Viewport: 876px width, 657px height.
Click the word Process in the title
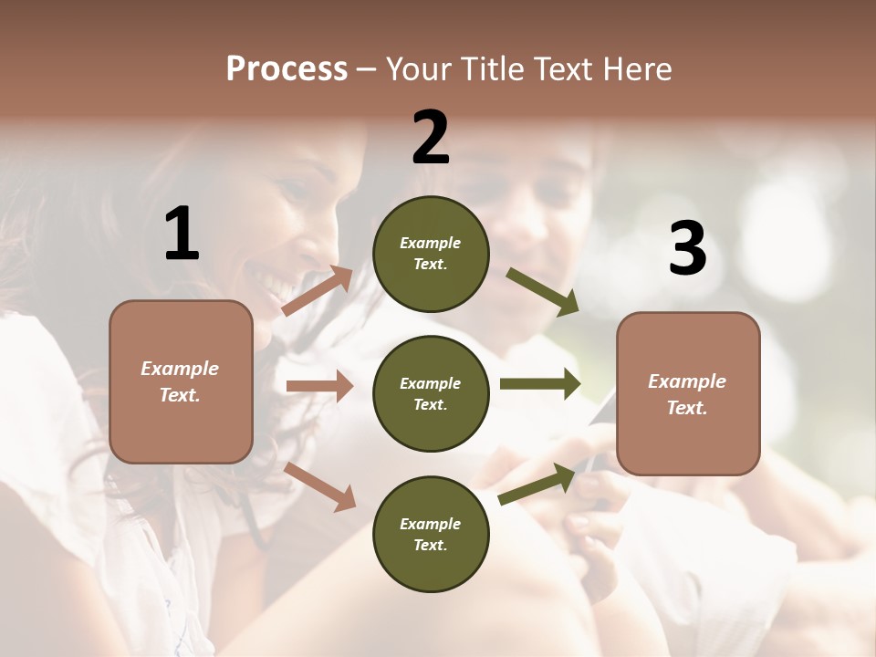pos(287,69)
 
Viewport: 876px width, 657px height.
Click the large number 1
pos(182,234)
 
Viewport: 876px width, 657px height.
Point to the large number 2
pos(431,138)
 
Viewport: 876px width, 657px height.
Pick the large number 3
pos(687,249)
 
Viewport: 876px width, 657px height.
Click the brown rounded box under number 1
pos(181,381)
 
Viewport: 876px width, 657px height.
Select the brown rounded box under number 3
pos(688,394)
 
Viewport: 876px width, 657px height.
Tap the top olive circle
pos(431,254)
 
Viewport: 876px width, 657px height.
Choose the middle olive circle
pos(431,393)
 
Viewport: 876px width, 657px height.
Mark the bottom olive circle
pos(431,534)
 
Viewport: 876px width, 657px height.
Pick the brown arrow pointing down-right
pos(320,486)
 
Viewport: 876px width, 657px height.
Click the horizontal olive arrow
pos(539,383)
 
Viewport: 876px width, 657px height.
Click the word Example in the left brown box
pos(180,369)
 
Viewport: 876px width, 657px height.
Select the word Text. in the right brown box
pos(687,408)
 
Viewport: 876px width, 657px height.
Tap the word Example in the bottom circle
pos(431,524)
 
